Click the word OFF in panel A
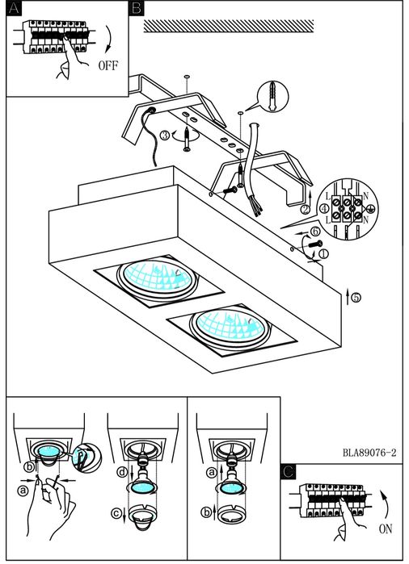pyautogui.click(x=108, y=65)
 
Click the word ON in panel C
pyautogui.click(x=386, y=528)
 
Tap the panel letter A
pyautogui.click(x=14, y=8)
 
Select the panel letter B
pyautogui.click(x=137, y=8)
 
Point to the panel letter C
pyautogui.click(x=289, y=471)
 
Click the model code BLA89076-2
pyautogui.click(x=369, y=453)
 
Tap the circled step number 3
pyautogui.click(x=165, y=136)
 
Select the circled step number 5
pyautogui.click(x=356, y=298)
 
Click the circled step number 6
pyautogui.click(x=315, y=231)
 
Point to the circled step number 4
pyautogui.click(x=324, y=208)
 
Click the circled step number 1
pyautogui.click(x=323, y=254)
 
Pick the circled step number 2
pyautogui.click(x=306, y=209)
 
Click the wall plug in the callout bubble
pyautogui.click(x=272, y=96)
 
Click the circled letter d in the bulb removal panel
pyautogui.click(x=123, y=472)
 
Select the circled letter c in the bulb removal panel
pyautogui.click(x=116, y=513)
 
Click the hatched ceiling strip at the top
pyautogui.click(x=229, y=27)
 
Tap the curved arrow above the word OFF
pyautogui.click(x=108, y=40)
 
